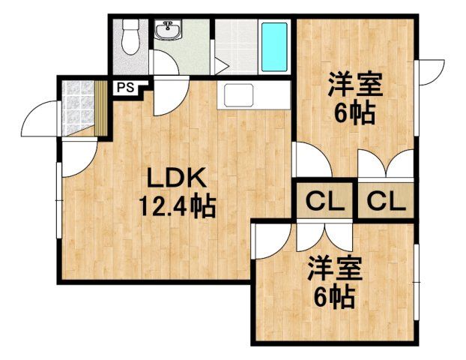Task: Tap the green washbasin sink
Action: click(168, 32)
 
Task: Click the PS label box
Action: click(125, 86)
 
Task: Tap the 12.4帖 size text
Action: click(177, 205)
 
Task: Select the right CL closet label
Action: click(385, 200)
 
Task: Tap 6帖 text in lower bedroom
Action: click(333, 298)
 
